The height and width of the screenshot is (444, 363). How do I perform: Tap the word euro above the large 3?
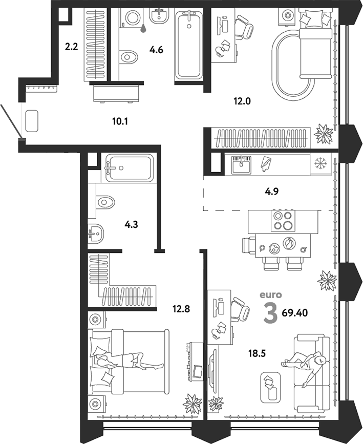coord(270,294)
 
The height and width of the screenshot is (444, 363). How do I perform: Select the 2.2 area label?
coord(71,48)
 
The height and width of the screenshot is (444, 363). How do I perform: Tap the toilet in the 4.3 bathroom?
coord(104,202)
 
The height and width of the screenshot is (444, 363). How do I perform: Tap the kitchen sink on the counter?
coord(241,164)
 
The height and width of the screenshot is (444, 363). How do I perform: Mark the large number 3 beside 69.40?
coord(270,313)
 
